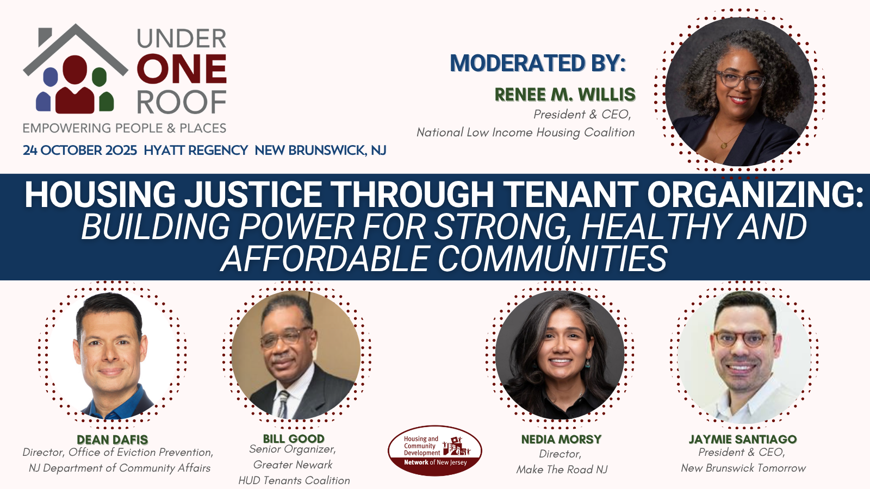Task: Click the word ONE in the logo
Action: coord(182,69)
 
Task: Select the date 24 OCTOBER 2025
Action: coord(79,150)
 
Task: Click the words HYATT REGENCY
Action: coord(196,150)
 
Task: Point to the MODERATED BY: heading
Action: coord(538,63)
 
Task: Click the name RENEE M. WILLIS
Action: coord(565,95)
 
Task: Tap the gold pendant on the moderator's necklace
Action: coord(724,146)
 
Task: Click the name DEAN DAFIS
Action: coord(112,440)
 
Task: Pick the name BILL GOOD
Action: coord(294,438)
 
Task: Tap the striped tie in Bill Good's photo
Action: coord(283,404)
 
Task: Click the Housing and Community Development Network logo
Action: coord(435,451)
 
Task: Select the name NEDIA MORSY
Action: coord(561,439)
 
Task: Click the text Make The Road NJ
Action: coord(562,469)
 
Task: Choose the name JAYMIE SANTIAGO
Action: coord(743,439)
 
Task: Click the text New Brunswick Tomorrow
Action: coord(743,468)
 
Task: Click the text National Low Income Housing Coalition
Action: coord(525,133)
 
